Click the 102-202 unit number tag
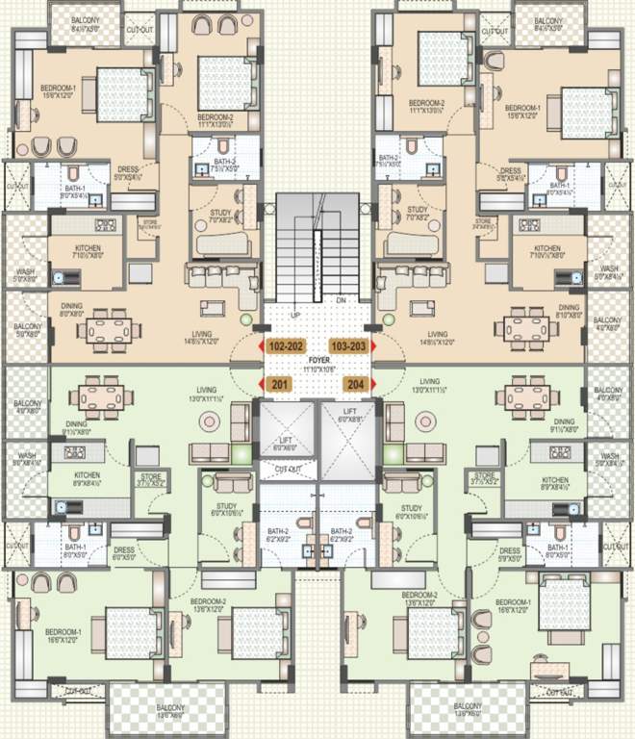286,345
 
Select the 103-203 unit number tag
347,345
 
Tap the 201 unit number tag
280,384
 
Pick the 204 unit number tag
354,384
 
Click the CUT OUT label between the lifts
286,469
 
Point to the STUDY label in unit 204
411,507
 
